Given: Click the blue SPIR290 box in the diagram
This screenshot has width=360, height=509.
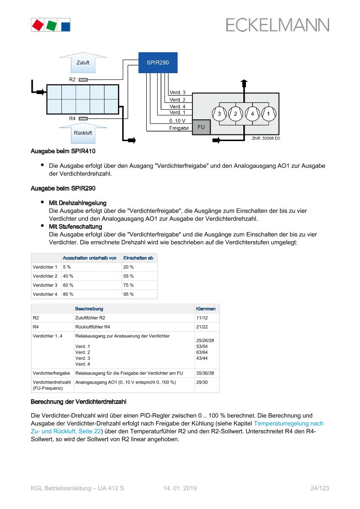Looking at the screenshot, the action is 158,63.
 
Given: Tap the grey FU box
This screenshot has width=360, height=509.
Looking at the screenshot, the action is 201,127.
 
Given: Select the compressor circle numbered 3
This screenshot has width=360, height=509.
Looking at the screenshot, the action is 219,114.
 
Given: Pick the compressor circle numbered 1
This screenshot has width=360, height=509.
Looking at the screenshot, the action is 269,114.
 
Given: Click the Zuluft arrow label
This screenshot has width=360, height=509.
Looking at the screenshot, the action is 83,63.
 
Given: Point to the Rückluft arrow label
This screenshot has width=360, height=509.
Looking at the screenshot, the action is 83,133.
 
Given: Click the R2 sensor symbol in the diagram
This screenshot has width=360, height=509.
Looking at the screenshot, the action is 83,80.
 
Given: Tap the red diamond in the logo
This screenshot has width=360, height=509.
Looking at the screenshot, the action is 38,25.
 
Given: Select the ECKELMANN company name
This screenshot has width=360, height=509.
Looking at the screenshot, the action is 278,25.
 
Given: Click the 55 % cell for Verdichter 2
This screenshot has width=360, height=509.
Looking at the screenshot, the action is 128,276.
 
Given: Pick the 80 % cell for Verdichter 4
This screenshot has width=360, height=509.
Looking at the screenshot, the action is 68,294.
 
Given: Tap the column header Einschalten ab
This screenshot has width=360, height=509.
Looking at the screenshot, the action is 138,258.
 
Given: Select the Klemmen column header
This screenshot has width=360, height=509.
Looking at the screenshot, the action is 206,309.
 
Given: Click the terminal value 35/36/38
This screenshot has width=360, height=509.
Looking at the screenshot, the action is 205,373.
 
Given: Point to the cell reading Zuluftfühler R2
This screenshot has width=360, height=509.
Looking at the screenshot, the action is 90,318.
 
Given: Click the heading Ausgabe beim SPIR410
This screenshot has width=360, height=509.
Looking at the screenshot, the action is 63,151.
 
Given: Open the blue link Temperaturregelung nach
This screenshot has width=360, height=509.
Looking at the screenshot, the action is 289,423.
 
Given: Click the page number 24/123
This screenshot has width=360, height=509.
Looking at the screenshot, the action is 320,488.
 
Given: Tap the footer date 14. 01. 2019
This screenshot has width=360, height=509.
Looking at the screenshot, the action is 180,488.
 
